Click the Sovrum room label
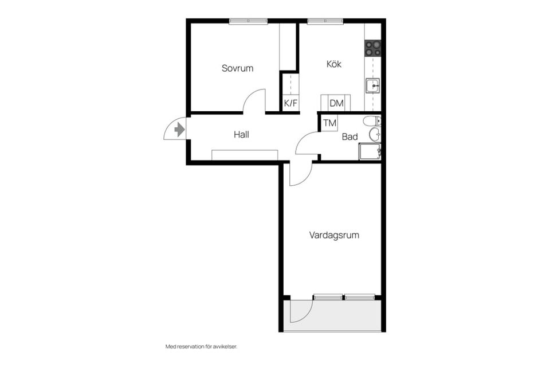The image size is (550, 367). click(237, 68)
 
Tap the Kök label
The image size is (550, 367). click(334, 64)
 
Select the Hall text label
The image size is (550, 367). click(241, 135)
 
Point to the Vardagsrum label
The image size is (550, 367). click(334, 235)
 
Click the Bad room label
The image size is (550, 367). click(349, 136)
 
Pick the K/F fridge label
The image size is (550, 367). click(290, 103)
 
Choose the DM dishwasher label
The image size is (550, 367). click(337, 103)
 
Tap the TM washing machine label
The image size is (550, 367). click(330, 123)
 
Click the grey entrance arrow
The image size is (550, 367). click(179, 130)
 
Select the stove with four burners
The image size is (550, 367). click(373, 49)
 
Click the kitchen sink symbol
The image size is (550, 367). click(373, 85)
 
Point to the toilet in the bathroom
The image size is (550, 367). click(372, 121)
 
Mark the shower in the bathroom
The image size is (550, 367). click(370, 152)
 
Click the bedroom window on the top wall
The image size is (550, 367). click(248, 21)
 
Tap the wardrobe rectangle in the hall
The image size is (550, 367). click(245, 155)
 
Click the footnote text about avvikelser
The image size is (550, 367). click(201, 346)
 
